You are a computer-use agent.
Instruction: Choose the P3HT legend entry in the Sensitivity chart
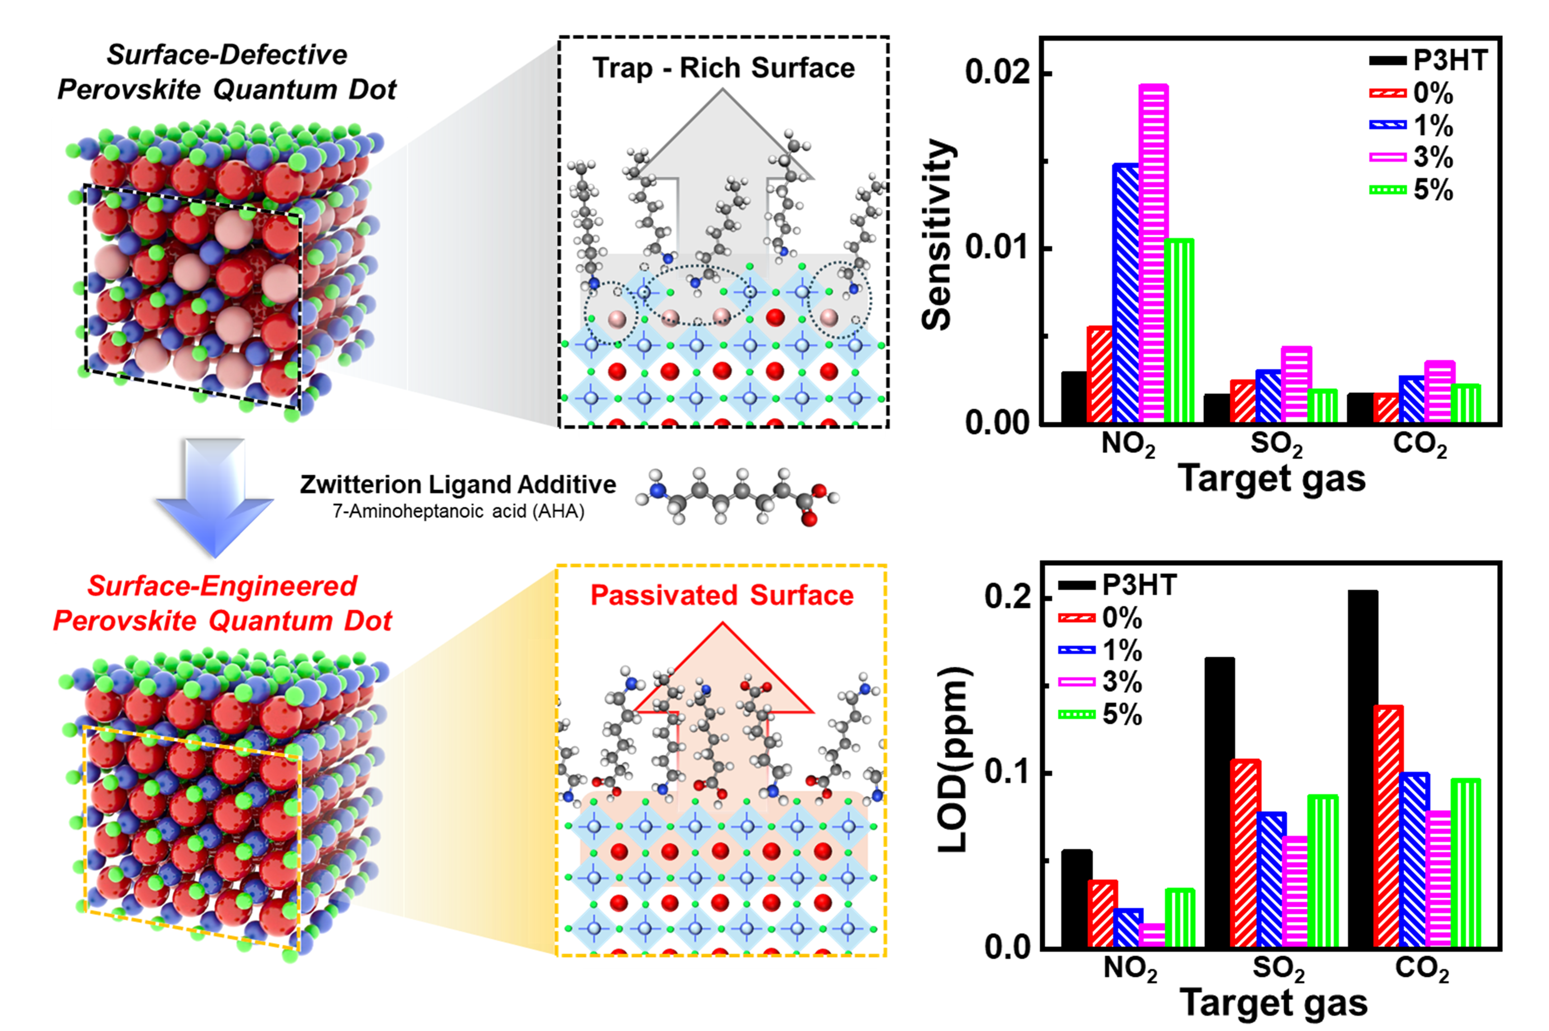click(x=1428, y=60)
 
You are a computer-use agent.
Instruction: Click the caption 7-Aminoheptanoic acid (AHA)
click(x=458, y=512)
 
